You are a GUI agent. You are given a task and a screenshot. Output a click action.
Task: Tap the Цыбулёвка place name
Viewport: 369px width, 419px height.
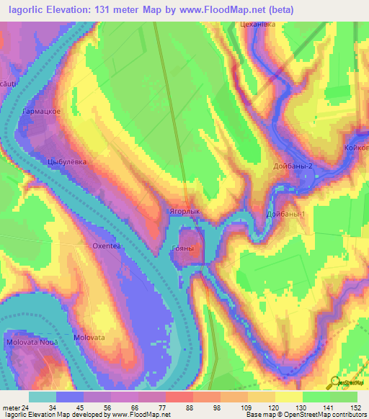pyautogui.click(x=66, y=162)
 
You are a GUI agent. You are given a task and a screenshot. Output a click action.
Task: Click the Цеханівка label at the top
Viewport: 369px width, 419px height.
pyautogui.click(x=258, y=24)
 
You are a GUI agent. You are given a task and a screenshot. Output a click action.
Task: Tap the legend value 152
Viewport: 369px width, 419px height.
pyautogui.click(x=356, y=408)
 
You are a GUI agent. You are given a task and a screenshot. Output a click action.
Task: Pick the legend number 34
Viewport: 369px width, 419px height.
pyautogui.click(x=51, y=408)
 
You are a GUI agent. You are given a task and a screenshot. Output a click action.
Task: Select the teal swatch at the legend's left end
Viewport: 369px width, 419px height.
pyautogui.click(x=43, y=397)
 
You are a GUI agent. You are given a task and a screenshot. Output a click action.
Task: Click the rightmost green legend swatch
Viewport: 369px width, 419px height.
pyautogui.click(x=344, y=397)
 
